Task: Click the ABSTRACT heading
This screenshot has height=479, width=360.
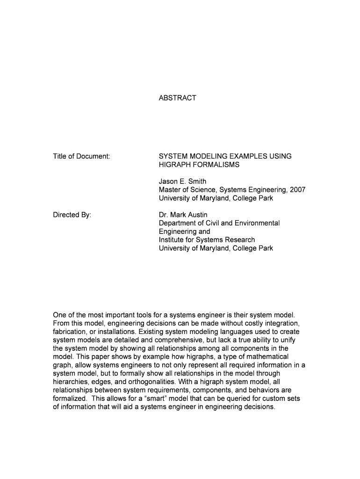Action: (x=178, y=98)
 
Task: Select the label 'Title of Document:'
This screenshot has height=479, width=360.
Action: (x=81, y=156)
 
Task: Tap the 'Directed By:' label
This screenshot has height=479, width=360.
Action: (x=72, y=215)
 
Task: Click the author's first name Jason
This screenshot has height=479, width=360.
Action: (x=169, y=181)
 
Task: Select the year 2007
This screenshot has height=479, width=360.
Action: (x=297, y=190)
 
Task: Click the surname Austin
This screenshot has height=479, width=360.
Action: (x=197, y=215)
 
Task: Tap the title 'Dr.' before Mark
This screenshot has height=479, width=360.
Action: (x=164, y=215)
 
